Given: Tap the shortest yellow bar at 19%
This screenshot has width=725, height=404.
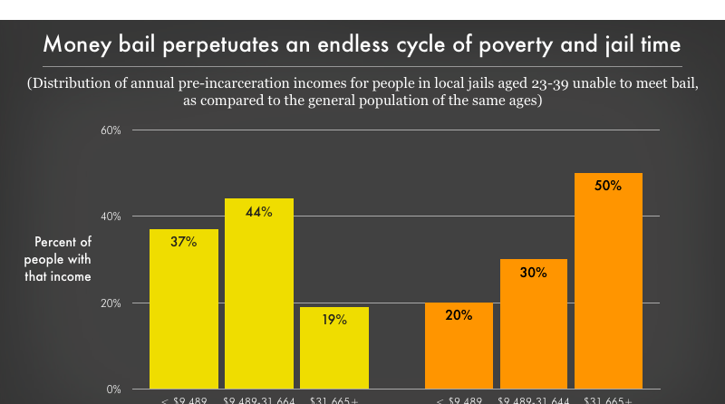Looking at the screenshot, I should tap(333, 353).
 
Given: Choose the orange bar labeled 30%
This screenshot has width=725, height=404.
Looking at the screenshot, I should tap(534, 331).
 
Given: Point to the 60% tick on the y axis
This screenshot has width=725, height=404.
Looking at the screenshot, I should tap(111, 130).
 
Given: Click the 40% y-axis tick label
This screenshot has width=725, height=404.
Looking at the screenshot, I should tap(111, 216).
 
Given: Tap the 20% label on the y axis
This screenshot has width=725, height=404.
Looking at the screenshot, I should tap(111, 303).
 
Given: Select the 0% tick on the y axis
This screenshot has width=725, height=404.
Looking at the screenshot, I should tap(114, 390).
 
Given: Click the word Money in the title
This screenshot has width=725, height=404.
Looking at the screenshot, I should tap(73, 44).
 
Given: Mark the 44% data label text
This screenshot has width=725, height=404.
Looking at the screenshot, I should tap(259, 211).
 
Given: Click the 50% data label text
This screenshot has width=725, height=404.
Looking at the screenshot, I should tap(609, 186).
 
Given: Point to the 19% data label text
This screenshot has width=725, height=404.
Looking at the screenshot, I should tap(333, 320).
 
